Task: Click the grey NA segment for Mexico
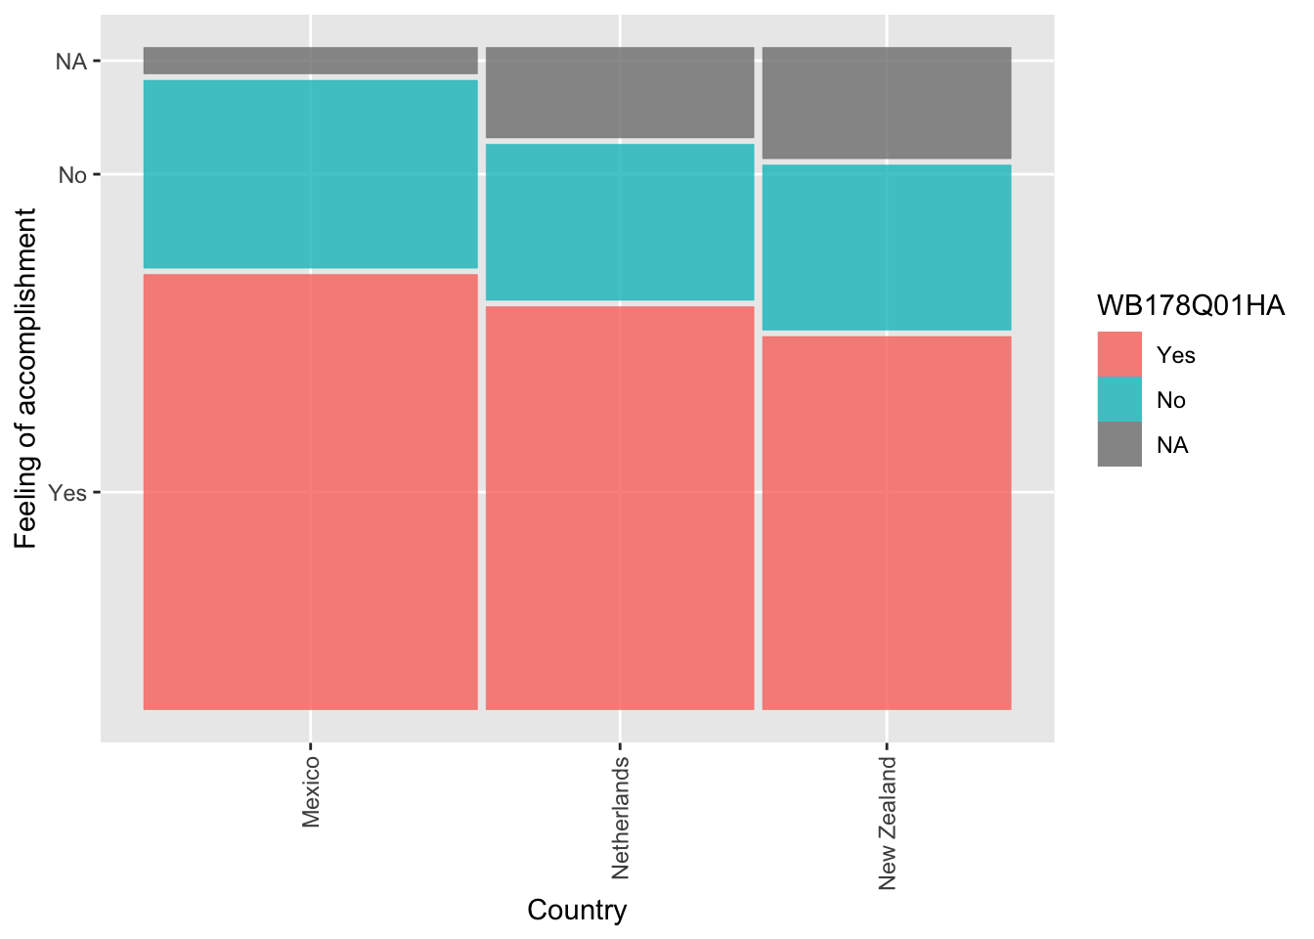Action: [x=310, y=61]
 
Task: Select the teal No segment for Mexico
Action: [x=310, y=173]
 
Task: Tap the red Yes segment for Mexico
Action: [x=310, y=491]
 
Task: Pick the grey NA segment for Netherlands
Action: [x=619, y=92]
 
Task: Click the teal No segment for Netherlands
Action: [x=619, y=222]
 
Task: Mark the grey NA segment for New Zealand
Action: [x=886, y=103]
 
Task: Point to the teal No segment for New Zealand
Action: [x=886, y=247]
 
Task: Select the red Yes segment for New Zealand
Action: [x=886, y=522]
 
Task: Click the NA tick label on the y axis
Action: [x=71, y=62]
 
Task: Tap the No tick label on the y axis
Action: [x=72, y=175]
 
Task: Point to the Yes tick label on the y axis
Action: [x=67, y=493]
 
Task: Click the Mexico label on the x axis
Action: [x=311, y=791]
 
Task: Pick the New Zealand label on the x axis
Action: [x=887, y=823]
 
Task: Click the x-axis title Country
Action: [x=577, y=910]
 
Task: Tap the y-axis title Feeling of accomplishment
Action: [x=25, y=378]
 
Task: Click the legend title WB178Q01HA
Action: [x=1190, y=306]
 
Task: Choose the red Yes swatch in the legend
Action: [x=1119, y=354]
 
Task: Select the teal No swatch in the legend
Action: [x=1119, y=399]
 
